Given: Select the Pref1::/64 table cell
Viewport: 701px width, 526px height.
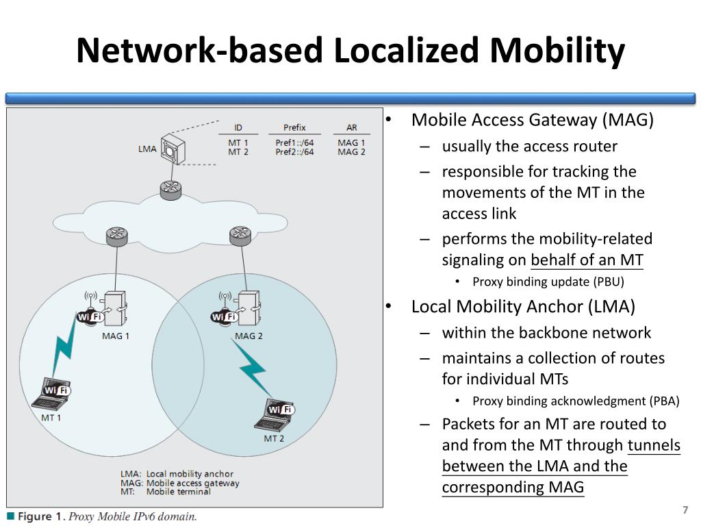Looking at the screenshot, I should pos(294,143).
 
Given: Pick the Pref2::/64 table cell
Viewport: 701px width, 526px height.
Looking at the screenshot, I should pos(294,152).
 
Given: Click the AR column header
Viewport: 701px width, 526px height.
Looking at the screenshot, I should pos(351,128).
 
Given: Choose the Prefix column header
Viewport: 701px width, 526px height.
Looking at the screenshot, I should pos(294,128).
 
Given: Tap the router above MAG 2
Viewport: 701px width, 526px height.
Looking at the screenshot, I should pos(240,236).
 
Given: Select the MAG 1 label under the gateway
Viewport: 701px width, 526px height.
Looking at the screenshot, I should pos(115,336).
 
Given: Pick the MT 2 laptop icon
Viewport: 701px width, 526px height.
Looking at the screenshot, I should pos(278,414).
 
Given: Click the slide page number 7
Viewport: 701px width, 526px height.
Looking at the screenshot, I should pos(685,510).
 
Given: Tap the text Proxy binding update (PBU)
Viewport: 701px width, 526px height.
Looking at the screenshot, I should pos(548,281).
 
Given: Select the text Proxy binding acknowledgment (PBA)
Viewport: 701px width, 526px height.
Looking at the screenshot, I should pos(576,401).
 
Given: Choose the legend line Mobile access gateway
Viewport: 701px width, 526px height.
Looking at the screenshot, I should pos(192,483).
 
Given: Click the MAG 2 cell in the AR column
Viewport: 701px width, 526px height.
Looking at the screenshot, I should pos(351,152).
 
